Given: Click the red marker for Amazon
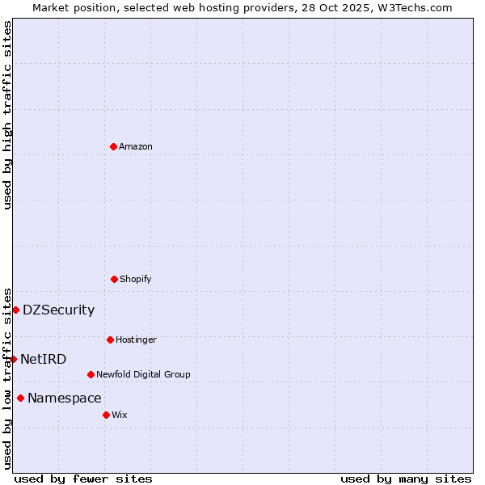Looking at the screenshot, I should click(x=113, y=146).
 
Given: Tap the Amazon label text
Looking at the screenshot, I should click(x=136, y=147).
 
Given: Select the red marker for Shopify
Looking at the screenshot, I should click(x=114, y=279).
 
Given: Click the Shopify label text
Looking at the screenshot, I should click(x=136, y=280).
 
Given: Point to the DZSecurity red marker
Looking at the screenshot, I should click(x=15, y=310).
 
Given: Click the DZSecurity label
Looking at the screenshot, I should click(x=58, y=310).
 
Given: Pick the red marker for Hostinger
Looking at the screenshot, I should click(x=110, y=339).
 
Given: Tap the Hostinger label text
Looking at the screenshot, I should click(x=136, y=340).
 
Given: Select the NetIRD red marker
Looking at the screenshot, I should click(x=13, y=359).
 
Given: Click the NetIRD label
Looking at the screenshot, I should click(x=44, y=360).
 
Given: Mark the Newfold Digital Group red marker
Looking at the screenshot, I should click(x=91, y=374).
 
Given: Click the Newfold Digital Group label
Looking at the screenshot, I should click(x=144, y=375).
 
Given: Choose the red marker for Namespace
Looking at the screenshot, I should click(x=20, y=398).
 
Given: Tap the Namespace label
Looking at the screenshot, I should click(x=65, y=399).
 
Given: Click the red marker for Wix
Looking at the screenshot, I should click(x=106, y=415).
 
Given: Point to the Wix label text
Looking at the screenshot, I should click(x=120, y=415).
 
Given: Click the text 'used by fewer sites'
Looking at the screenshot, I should click(x=83, y=479).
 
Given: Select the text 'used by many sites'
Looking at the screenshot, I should click(x=406, y=479).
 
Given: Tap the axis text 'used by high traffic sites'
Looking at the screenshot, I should click(x=7, y=115).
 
